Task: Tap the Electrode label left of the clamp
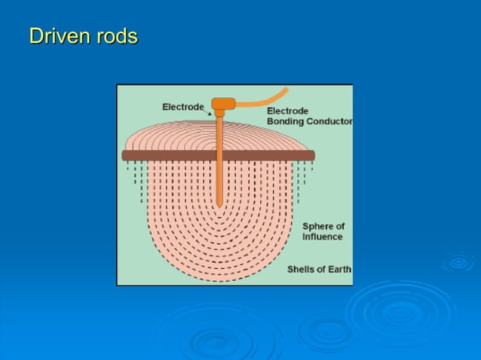tap(183, 107)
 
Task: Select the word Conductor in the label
tap(329, 122)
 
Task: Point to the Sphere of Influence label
tap(323, 231)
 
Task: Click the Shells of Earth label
tap(319, 270)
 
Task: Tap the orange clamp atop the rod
tap(222, 104)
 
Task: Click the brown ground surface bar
tap(173, 155)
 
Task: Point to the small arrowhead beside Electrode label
tap(210, 113)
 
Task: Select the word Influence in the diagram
tap(322, 236)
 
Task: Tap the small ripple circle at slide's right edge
tap(458, 262)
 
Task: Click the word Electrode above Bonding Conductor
tap(287, 111)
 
